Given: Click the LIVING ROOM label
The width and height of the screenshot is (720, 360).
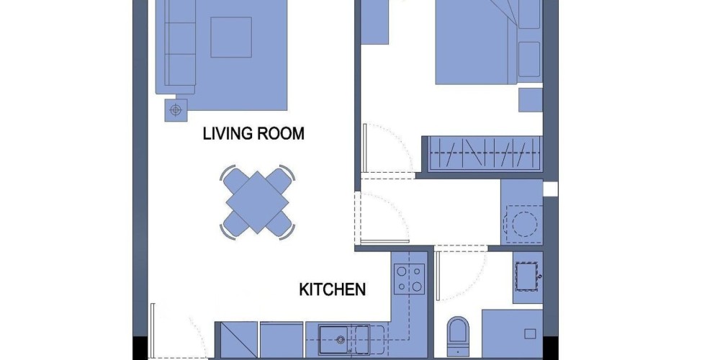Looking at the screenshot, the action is tap(253, 134).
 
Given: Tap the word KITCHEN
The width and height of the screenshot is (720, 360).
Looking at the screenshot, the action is tap(333, 289).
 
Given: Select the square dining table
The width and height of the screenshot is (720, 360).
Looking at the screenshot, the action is tap(257, 202).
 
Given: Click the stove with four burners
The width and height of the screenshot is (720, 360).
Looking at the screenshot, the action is tap(409, 279).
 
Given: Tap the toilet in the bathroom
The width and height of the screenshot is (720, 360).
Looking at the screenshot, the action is tap(458, 336).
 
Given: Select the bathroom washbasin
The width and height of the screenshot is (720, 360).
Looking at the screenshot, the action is tap(527, 276).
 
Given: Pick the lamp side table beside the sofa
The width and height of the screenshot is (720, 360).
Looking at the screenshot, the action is tap(176, 110).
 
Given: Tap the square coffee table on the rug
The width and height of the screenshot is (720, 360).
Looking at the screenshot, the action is tap(231, 37).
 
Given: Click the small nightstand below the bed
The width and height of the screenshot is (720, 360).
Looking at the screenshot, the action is tap(531, 100).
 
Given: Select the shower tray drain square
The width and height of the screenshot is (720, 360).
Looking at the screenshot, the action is tap(530, 334).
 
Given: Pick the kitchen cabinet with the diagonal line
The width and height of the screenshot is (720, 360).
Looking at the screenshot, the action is tap(239, 339).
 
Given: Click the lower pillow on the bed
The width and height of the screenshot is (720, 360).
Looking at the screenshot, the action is tap(529, 59).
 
